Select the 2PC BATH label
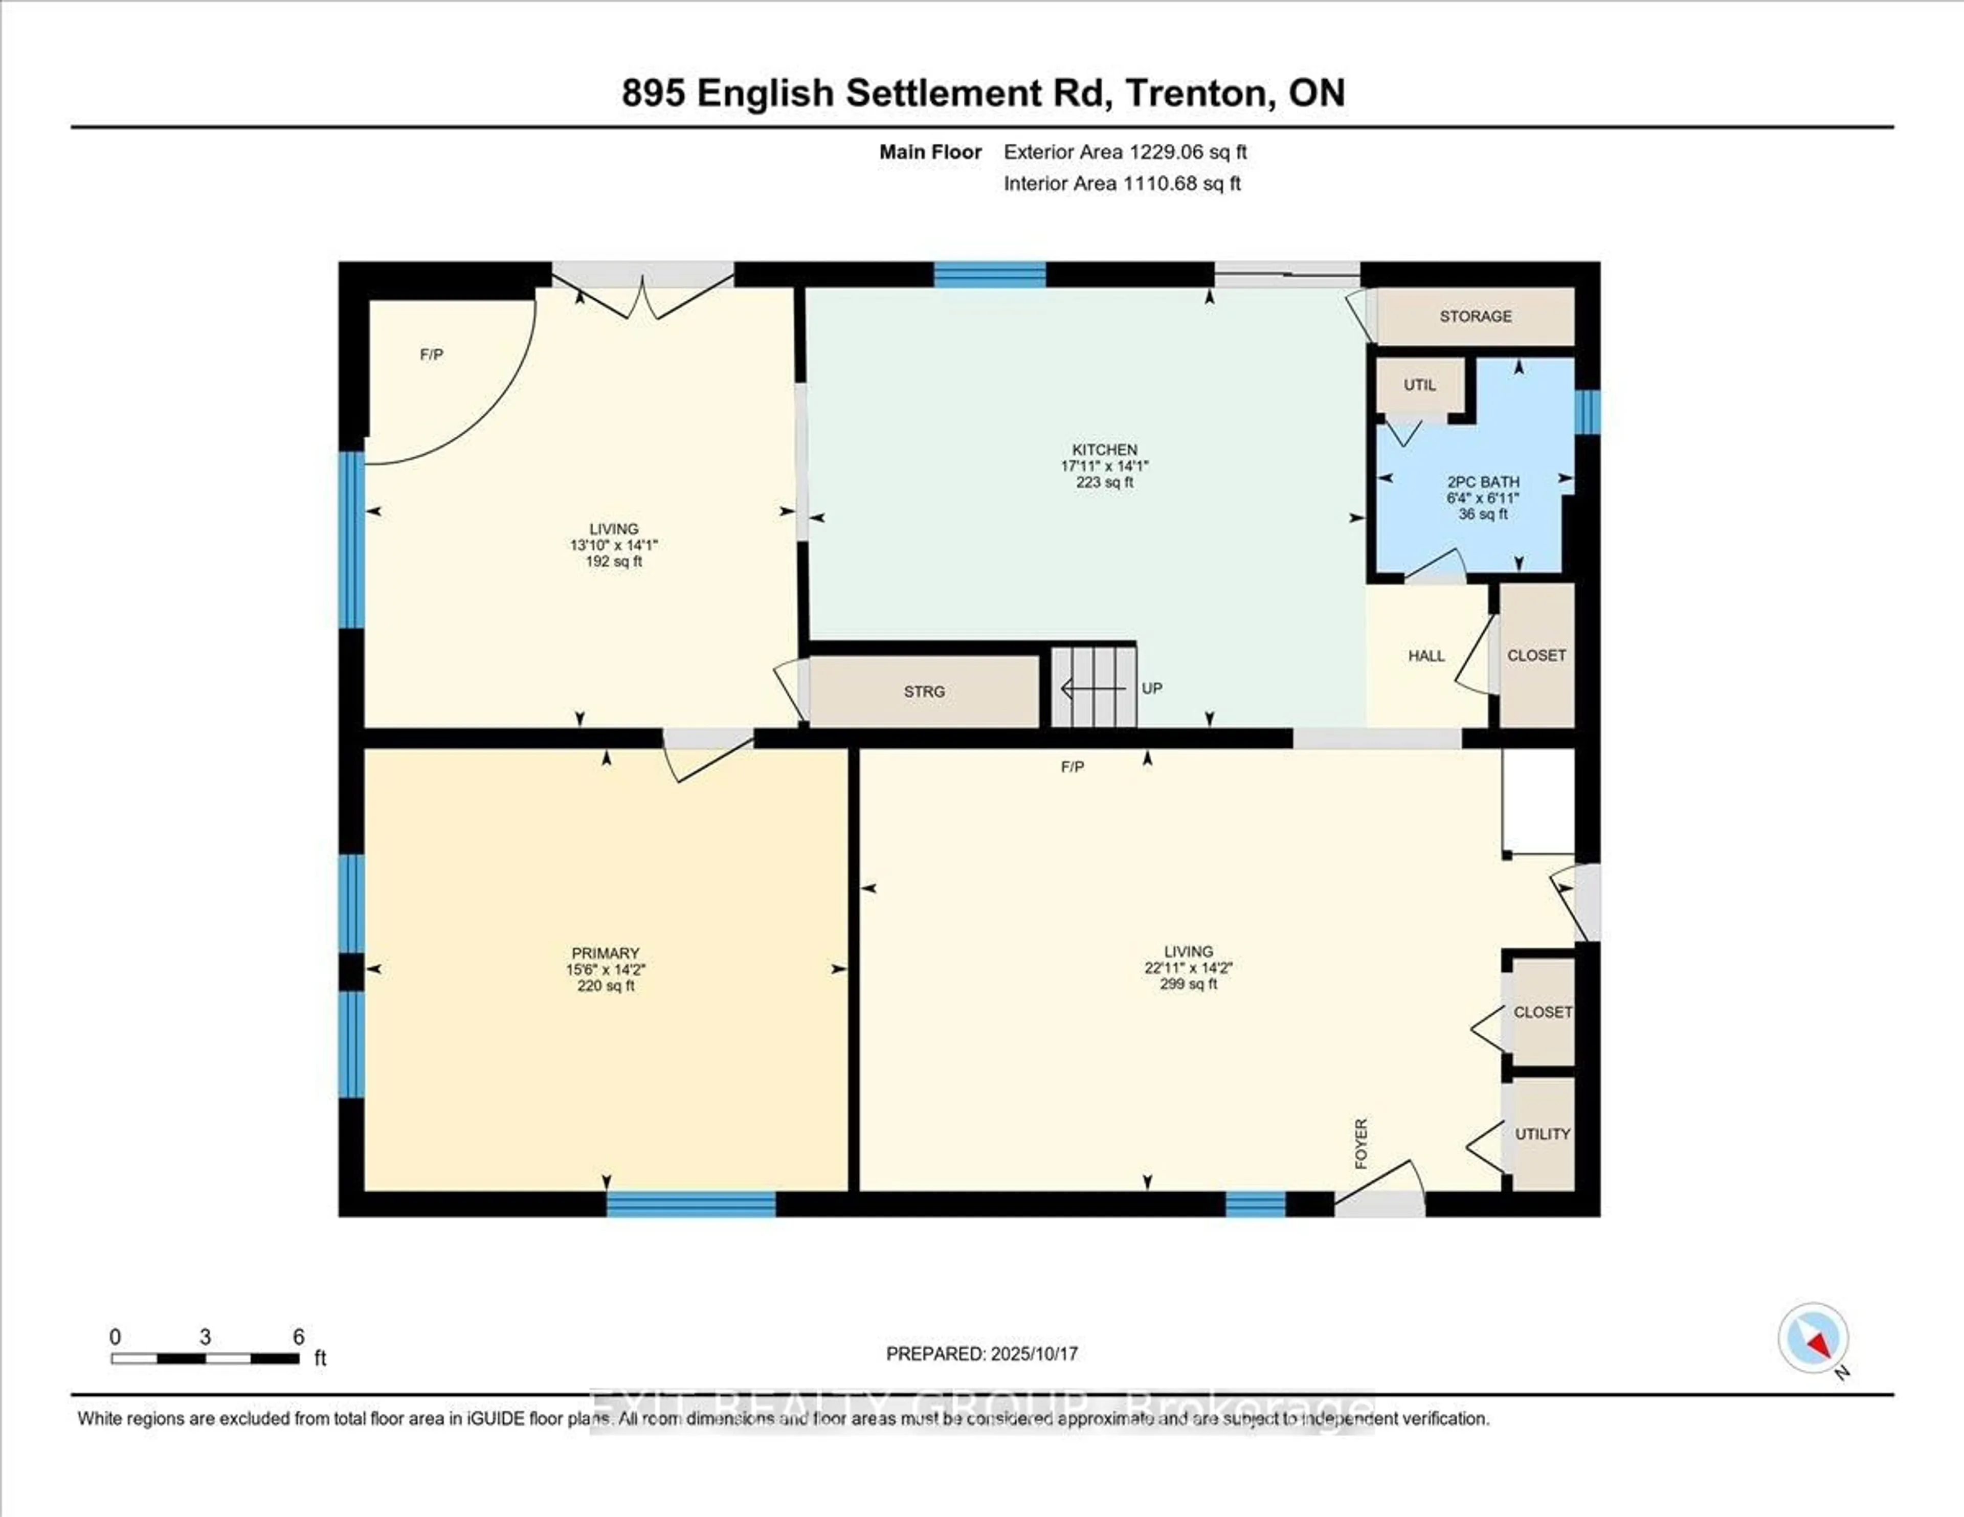pyautogui.click(x=1483, y=482)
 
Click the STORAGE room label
pyautogui.click(x=1476, y=317)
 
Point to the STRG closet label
pyautogui.click(x=924, y=691)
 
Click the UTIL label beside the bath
pyautogui.click(x=1420, y=385)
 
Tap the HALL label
pyautogui.click(x=1426, y=656)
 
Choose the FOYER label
pyautogui.click(x=1360, y=1144)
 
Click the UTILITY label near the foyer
pyautogui.click(x=1542, y=1134)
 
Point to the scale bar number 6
pyautogui.click(x=299, y=1337)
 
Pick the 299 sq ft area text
pyautogui.click(x=1188, y=984)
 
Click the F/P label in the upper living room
pyautogui.click(x=432, y=355)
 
